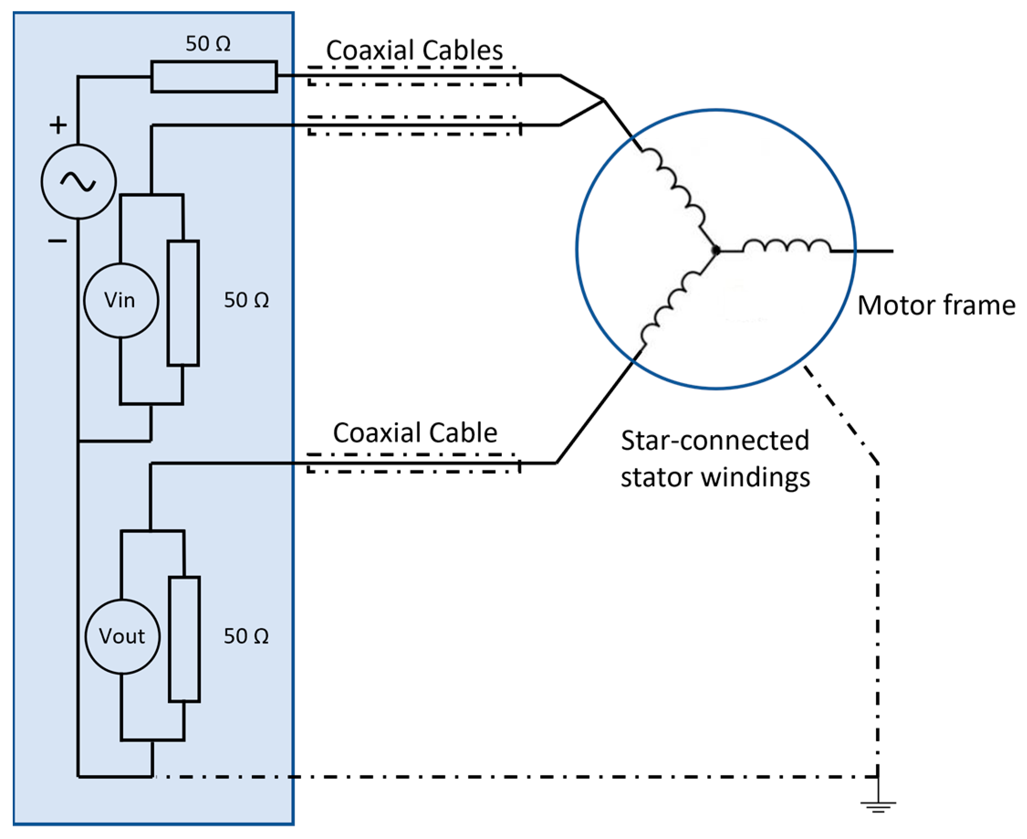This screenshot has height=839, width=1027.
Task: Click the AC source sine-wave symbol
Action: pyautogui.click(x=78, y=182)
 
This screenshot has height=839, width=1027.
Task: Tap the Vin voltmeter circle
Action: pyautogui.click(x=121, y=300)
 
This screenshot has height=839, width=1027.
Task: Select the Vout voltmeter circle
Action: pyautogui.click(x=122, y=637)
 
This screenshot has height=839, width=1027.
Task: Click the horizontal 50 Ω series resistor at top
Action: pyautogui.click(x=214, y=76)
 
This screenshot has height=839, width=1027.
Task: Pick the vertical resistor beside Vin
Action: pyautogui.click(x=183, y=303)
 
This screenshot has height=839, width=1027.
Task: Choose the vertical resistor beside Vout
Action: pyautogui.click(x=184, y=639)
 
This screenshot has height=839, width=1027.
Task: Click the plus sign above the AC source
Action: pyautogui.click(x=58, y=125)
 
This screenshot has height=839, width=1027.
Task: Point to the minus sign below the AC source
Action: pyautogui.click(x=57, y=241)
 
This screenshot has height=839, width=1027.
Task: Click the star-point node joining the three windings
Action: pyautogui.click(x=717, y=250)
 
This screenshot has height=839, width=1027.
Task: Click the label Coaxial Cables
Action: pyautogui.click(x=414, y=50)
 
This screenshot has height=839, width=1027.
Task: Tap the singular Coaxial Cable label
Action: pyautogui.click(x=415, y=433)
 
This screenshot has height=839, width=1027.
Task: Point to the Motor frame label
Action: pyautogui.click(x=936, y=306)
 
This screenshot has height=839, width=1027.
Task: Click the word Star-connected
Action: pyautogui.click(x=714, y=440)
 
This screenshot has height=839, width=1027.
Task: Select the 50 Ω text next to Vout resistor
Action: pyautogui.click(x=246, y=637)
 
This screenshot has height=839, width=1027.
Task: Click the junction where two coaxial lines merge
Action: pyautogui.click(x=603, y=100)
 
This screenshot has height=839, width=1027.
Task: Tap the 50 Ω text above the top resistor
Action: pyautogui.click(x=208, y=44)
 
